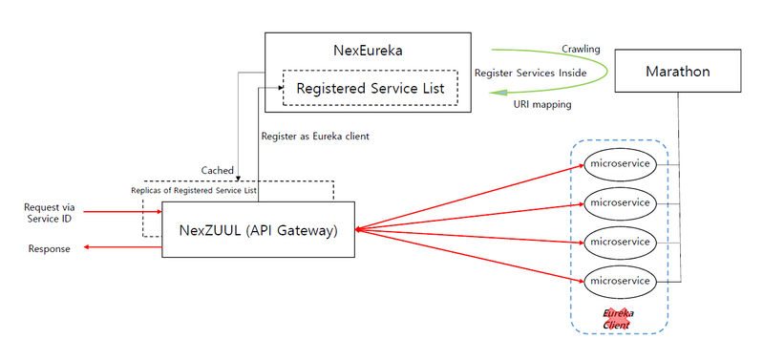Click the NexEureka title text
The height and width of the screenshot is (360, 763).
click(368, 51)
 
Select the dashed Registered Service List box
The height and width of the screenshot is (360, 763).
click(370, 88)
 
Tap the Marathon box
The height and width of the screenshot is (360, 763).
click(678, 73)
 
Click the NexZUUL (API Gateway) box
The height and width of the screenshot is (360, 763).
click(259, 229)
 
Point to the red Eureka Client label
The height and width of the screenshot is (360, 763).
click(619, 318)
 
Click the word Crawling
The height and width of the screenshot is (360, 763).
click(583, 48)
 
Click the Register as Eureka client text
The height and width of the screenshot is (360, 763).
click(315, 137)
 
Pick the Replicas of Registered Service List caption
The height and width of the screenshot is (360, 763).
click(194, 189)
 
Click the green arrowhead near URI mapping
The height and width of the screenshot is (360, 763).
click(494, 92)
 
